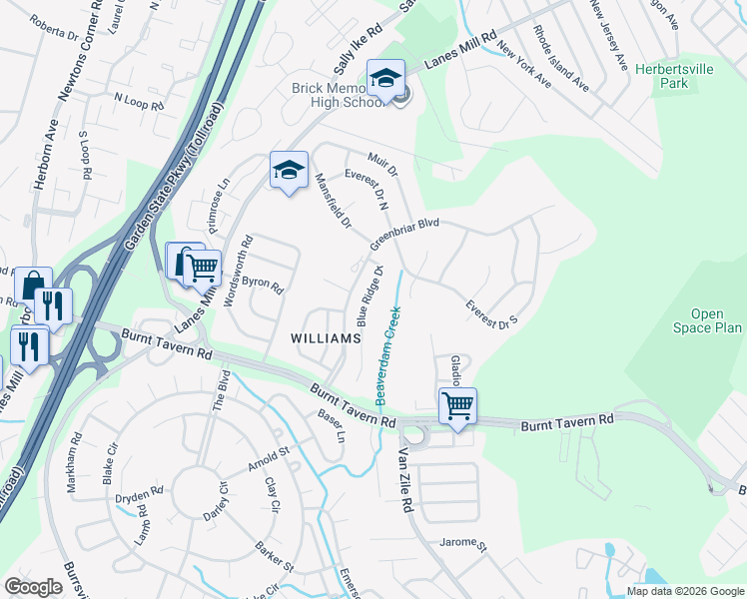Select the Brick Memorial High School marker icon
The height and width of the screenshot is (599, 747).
click(x=384, y=77)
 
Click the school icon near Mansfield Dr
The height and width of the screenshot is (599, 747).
click(x=289, y=170)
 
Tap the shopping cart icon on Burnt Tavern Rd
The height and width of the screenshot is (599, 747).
click(x=457, y=406)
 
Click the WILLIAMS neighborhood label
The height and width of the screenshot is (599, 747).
click(x=325, y=338)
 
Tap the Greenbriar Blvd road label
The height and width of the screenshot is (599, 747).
click(x=404, y=236)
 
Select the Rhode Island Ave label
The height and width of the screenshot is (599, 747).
click(x=560, y=59)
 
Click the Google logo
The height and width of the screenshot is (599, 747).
click(x=34, y=586)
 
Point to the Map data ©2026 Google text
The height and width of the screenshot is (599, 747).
click(x=685, y=591)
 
